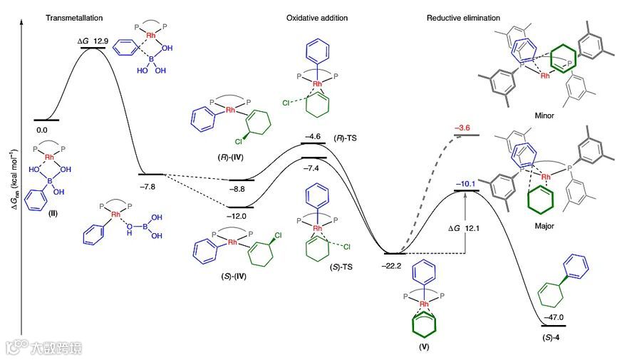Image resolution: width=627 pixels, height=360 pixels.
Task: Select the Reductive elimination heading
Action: pyautogui.click(x=463, y=18)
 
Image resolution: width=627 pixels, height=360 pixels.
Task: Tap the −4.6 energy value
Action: pyautogui.click(x=313, y=135)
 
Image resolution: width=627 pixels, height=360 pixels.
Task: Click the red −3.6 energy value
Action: pyautogui.click(x=462, y=128)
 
